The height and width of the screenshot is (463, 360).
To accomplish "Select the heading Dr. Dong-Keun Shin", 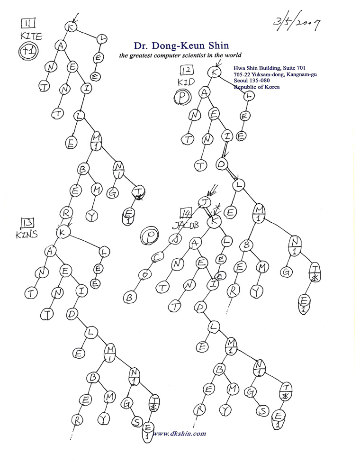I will click(175, 45).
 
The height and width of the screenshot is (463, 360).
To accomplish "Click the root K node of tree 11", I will click(72, 27).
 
